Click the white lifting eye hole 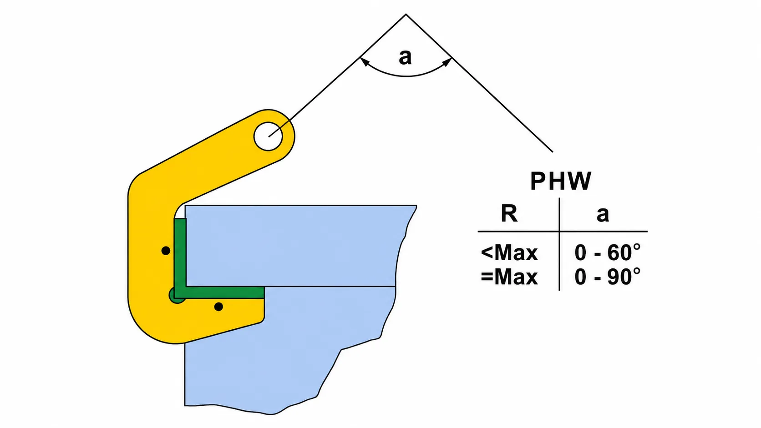[x=268, y=136]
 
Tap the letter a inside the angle [x=405, y=57]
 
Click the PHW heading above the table [x=561, y=181]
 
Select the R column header [x=509, y=214]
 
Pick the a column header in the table [x=603, y=215]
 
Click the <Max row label [x=509, y=253]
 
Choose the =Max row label [x=509, y=277]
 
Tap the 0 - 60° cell [x=607, y=252]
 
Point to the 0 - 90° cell [x=607, y=277]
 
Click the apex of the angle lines [x=406, y=14]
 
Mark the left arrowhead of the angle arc [x=364, y=62]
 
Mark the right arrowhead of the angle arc [x=447, y=62]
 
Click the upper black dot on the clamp [x=166, y=251]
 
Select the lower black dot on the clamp [x=218, y=307]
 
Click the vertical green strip [x=180, y=253]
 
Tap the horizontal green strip [x=224, y=292]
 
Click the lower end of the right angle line [x=553, y=151]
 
